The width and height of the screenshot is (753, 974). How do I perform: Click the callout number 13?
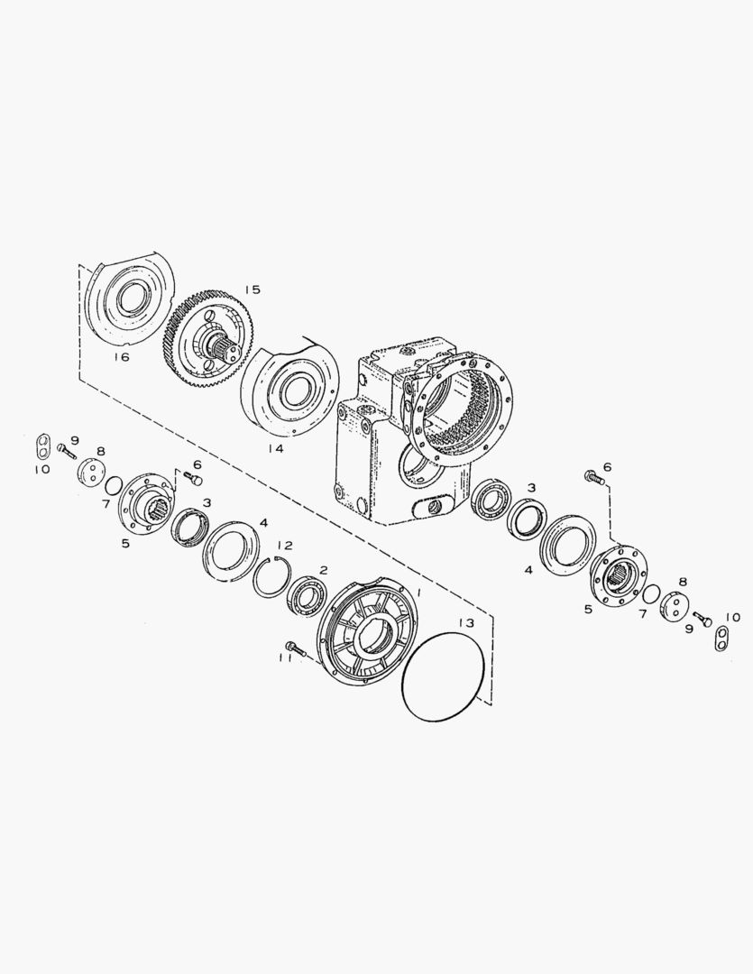466,623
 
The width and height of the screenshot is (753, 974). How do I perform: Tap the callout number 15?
253,289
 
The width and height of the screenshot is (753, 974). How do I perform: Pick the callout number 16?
122,357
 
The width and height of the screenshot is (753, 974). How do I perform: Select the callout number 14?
275,448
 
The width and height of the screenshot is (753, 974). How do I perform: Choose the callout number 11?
286,657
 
